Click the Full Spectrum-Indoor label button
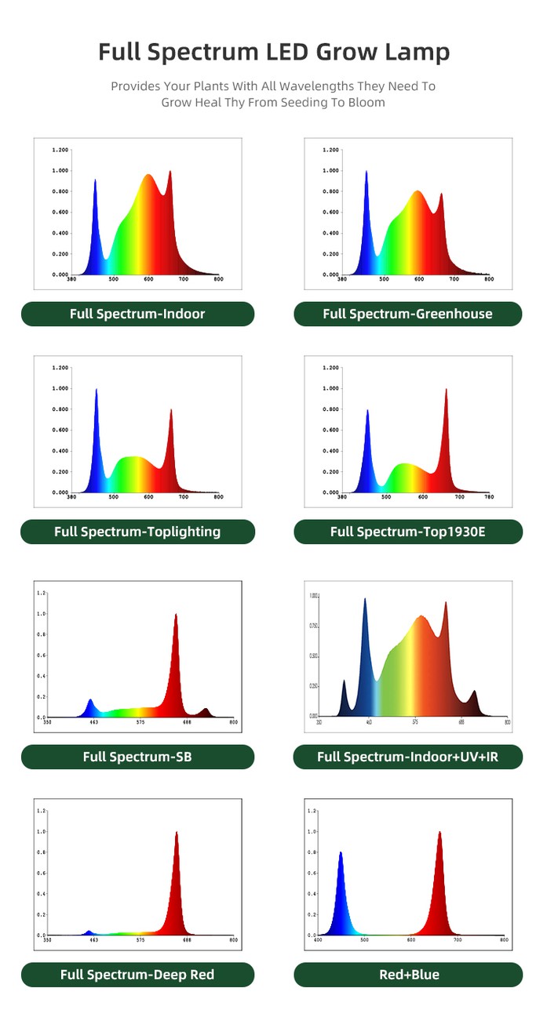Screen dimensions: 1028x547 (x=137, y=314)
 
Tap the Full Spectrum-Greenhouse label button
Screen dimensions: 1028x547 (x=407, y=314)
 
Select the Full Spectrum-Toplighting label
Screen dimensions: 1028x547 (x=137, y=532)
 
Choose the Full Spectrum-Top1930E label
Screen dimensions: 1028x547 (x=407, y=532)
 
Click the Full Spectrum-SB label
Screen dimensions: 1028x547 (x=137, y=757)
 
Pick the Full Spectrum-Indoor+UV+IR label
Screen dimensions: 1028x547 (x=407, y=757)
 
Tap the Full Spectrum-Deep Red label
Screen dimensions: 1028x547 (x=137, y=975)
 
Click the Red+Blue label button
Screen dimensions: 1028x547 (x=407, y=975)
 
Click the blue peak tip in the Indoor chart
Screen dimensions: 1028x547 (x=95, y=180)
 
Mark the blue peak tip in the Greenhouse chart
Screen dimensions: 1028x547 (x=366, y=172)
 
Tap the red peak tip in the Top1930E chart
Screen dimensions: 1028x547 (x=446, y=390)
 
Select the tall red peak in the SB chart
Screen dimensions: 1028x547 (x=176, y=615)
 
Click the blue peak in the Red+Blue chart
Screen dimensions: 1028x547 (x=341, y=853)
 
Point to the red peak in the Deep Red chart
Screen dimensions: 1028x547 (x=177, y=833)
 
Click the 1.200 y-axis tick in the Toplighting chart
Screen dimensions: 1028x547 (x=60, y=367)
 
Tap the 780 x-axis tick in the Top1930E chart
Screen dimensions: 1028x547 (x=488, y=497)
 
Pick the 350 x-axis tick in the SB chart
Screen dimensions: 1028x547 (x=48, y=721)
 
